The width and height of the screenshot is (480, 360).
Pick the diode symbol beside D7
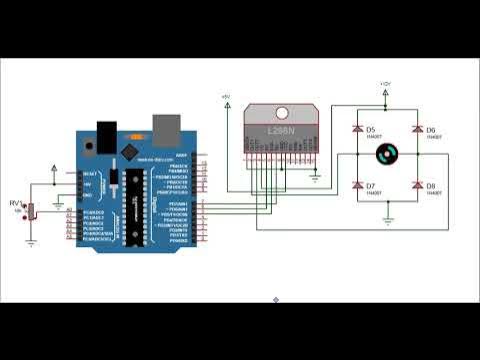(357, 186)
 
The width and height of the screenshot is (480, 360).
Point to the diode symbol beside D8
(418, 186)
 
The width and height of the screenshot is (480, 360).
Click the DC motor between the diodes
(387, 156)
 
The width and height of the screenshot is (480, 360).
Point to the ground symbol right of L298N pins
(316, 176)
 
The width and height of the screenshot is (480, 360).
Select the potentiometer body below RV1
(31, 212)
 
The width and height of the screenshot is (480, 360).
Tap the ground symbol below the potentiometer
(31, 241)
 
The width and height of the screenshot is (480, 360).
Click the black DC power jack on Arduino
(104, 134)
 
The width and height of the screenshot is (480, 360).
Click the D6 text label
(431, 130)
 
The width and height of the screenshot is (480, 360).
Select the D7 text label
(370, 186)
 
